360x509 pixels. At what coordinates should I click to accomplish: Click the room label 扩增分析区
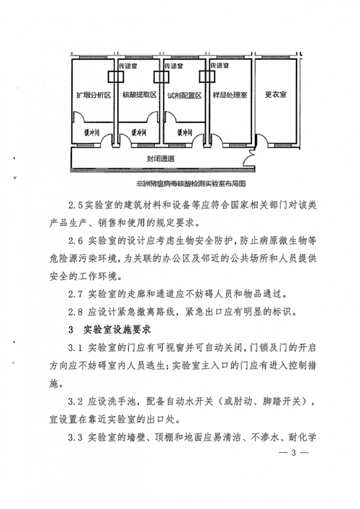pos(94,95)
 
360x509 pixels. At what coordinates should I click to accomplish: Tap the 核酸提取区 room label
pos(140,95)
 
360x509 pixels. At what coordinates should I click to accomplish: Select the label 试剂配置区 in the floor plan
pos(184,96)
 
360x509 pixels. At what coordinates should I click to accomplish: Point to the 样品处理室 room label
pos(230,95)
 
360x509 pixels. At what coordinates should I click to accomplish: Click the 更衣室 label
pos(276,94)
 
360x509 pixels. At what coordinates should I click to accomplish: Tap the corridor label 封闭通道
pos(161,158)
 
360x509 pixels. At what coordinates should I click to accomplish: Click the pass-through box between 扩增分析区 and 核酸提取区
pos(116,76)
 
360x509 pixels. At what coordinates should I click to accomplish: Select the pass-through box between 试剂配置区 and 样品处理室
pos(207,76)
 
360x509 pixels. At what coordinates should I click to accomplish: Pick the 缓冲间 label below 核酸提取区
pos(139,132)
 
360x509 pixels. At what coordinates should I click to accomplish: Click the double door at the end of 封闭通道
pos(248,158)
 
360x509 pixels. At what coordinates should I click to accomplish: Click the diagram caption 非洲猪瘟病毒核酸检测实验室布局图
pos(191,184)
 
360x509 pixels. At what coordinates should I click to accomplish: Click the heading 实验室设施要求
pos(117,330)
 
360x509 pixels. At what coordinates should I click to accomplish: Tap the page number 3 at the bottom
pos(294,453)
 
